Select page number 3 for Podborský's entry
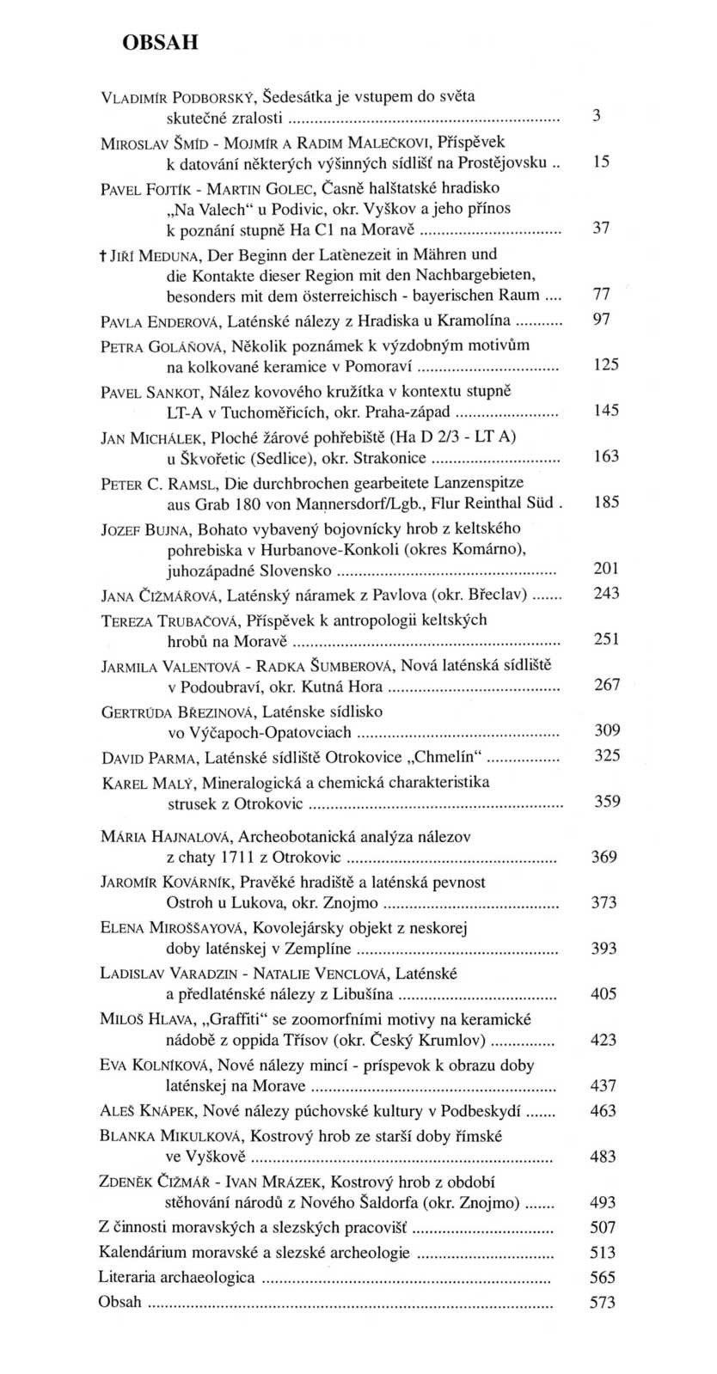tap(597, 116)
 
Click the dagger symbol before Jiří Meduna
tap(103, 255)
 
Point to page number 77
tap(602, 295)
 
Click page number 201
tap(606, 569)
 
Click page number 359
tap(606, 802)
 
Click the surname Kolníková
tap(169, 1066)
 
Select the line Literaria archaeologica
tap(176, 1277)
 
